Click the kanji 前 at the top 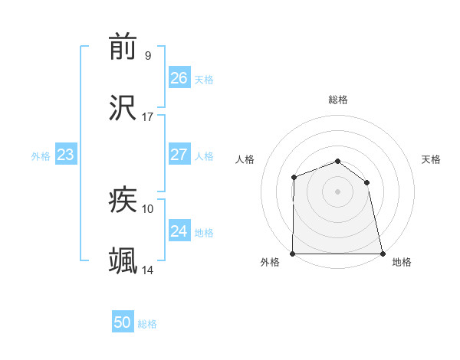[123, 47]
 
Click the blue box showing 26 [179, 78]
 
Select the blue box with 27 [179, 155]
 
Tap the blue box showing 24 [179, 231]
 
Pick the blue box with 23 [66, 155]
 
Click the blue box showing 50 [122, 322]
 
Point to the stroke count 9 [147, 56]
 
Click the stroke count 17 [147, 117]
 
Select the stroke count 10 [147, 208]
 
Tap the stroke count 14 [147, 270]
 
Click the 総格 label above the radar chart [338, 100]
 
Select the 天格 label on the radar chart [432, 159]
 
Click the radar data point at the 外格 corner [293, 254]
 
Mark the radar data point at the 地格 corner [383, 254]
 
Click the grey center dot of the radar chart [337, 191]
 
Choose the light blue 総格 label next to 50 [147, 324]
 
